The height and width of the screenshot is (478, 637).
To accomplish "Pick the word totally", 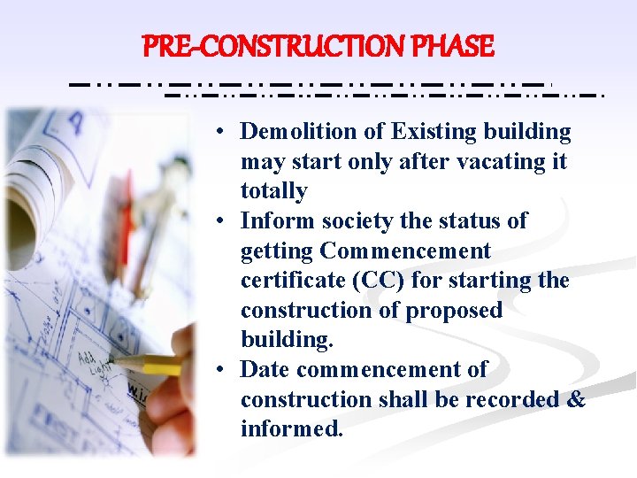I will click(x=273, y=191).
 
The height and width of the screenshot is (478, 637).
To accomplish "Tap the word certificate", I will click(x=293, y=281).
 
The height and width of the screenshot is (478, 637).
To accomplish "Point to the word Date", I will click(x=265, y=369).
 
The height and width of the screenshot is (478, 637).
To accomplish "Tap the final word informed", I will click(x=291, y=429).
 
